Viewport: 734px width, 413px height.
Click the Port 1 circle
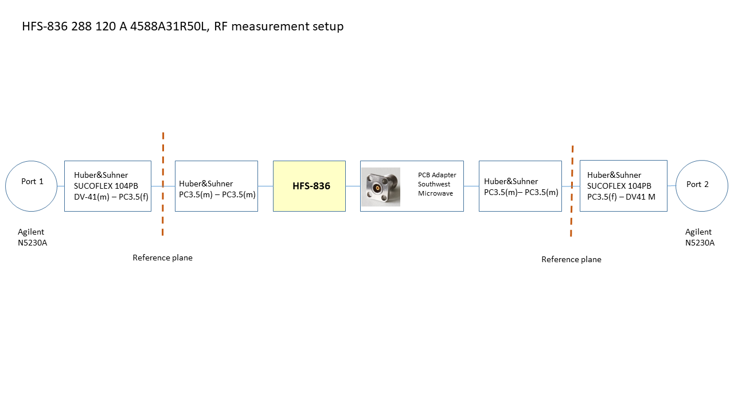point(32,185)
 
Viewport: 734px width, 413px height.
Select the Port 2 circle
point(702,185)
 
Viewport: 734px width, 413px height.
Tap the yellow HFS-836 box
point(309,186)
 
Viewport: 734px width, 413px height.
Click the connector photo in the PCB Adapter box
point(381,187)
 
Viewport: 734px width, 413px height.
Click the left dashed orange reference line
point(163,184)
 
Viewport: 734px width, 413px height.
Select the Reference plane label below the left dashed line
point(163,258)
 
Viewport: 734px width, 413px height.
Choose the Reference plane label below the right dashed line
point(571,260)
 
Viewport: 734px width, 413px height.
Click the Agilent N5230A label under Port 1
point(32,237)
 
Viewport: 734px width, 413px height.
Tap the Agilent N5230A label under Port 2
point(700,237)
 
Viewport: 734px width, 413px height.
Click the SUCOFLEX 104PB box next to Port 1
point(108,186)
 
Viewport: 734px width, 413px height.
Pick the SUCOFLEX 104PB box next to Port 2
point(623,186)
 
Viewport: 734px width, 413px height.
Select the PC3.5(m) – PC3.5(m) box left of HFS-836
point(216,186)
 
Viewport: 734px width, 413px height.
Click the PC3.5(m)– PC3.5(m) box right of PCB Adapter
point(520,186)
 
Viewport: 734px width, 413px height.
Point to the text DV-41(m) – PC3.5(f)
point(111,197)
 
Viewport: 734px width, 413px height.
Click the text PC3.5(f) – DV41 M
point(622,197)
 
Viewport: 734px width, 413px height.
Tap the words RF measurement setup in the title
point(279,26)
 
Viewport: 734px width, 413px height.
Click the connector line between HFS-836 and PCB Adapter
point(353,186)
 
